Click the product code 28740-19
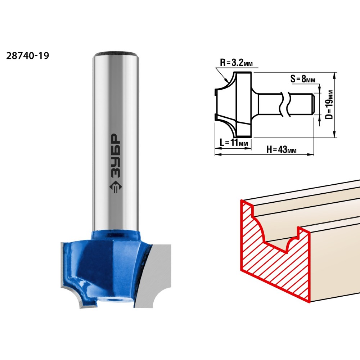(28, 56)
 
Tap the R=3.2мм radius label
(236, 62)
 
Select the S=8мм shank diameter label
(303, 79)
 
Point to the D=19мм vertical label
(329, 105)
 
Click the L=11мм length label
(234, 143)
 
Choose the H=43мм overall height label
(282, 150)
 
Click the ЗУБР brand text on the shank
(115, 156)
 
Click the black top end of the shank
(116, 54)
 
